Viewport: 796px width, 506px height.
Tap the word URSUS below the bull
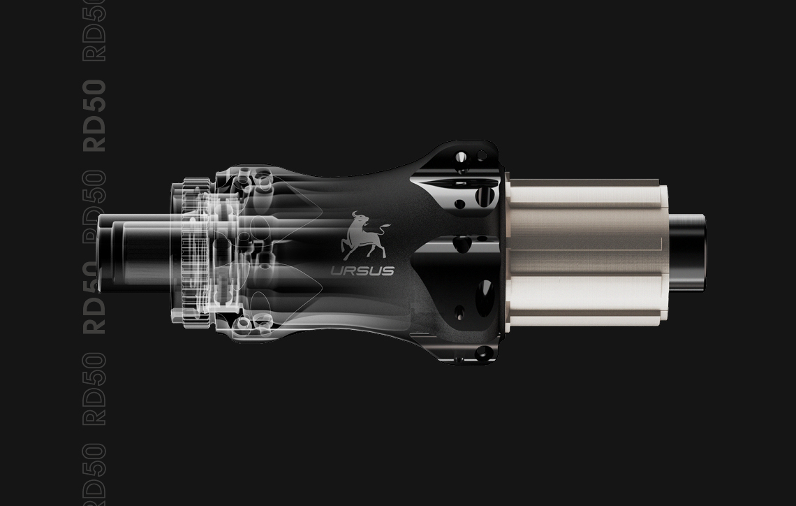(362, 271)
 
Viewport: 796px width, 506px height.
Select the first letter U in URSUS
(337, 271)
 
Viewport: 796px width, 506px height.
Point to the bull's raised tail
(384, 228)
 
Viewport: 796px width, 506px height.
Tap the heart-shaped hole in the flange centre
(462, 244)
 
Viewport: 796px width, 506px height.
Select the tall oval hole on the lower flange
(484, 298)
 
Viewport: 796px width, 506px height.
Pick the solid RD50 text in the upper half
(94, 115)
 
